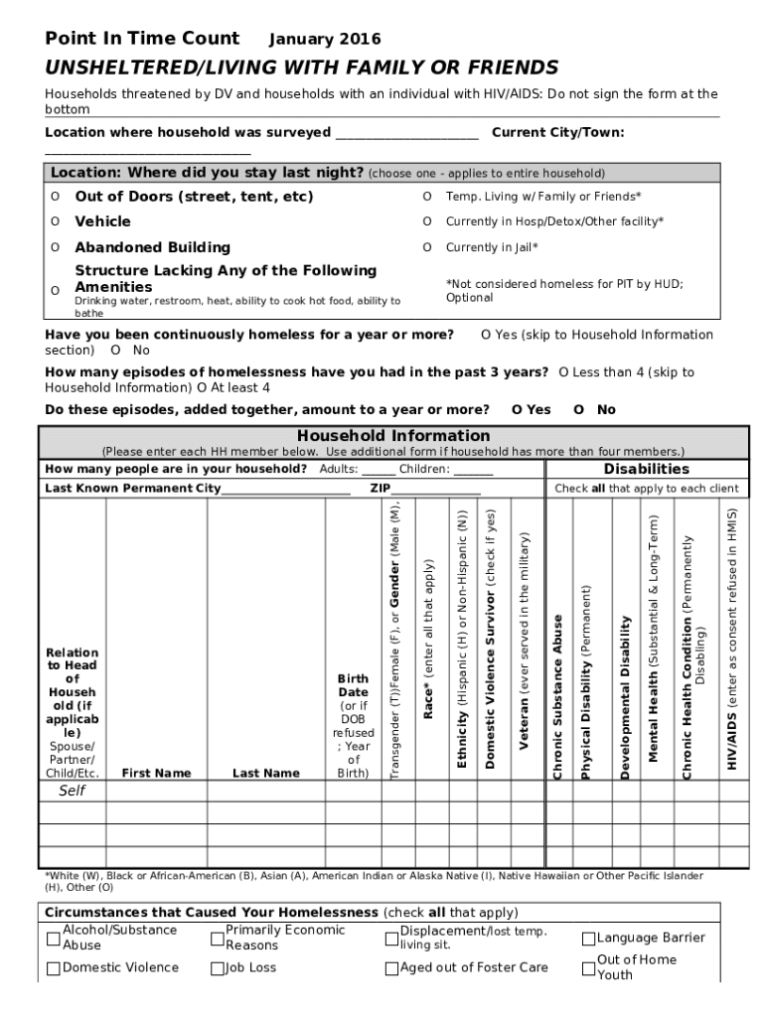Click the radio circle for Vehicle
tap(55, 221)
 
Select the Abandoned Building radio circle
tap(55, 247)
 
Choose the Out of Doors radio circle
tap(55, 197)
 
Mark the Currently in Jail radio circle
tap(427, 247)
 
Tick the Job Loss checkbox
tap(218, 968)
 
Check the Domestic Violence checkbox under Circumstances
tap(53, 968)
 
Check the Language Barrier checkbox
tap(588, 939)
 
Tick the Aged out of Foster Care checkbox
tap(391, 968)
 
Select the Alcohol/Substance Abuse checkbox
tap(53, 939)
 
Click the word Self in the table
tap(72, 791)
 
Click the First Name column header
tap(156, 773)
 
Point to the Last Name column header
tap(265, 773)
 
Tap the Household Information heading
tap(393, 436)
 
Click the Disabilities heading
tap(646, 469)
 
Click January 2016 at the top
tap(325, 40)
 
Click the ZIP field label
tap(381, 489)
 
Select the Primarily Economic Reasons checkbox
tap(218, 939)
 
